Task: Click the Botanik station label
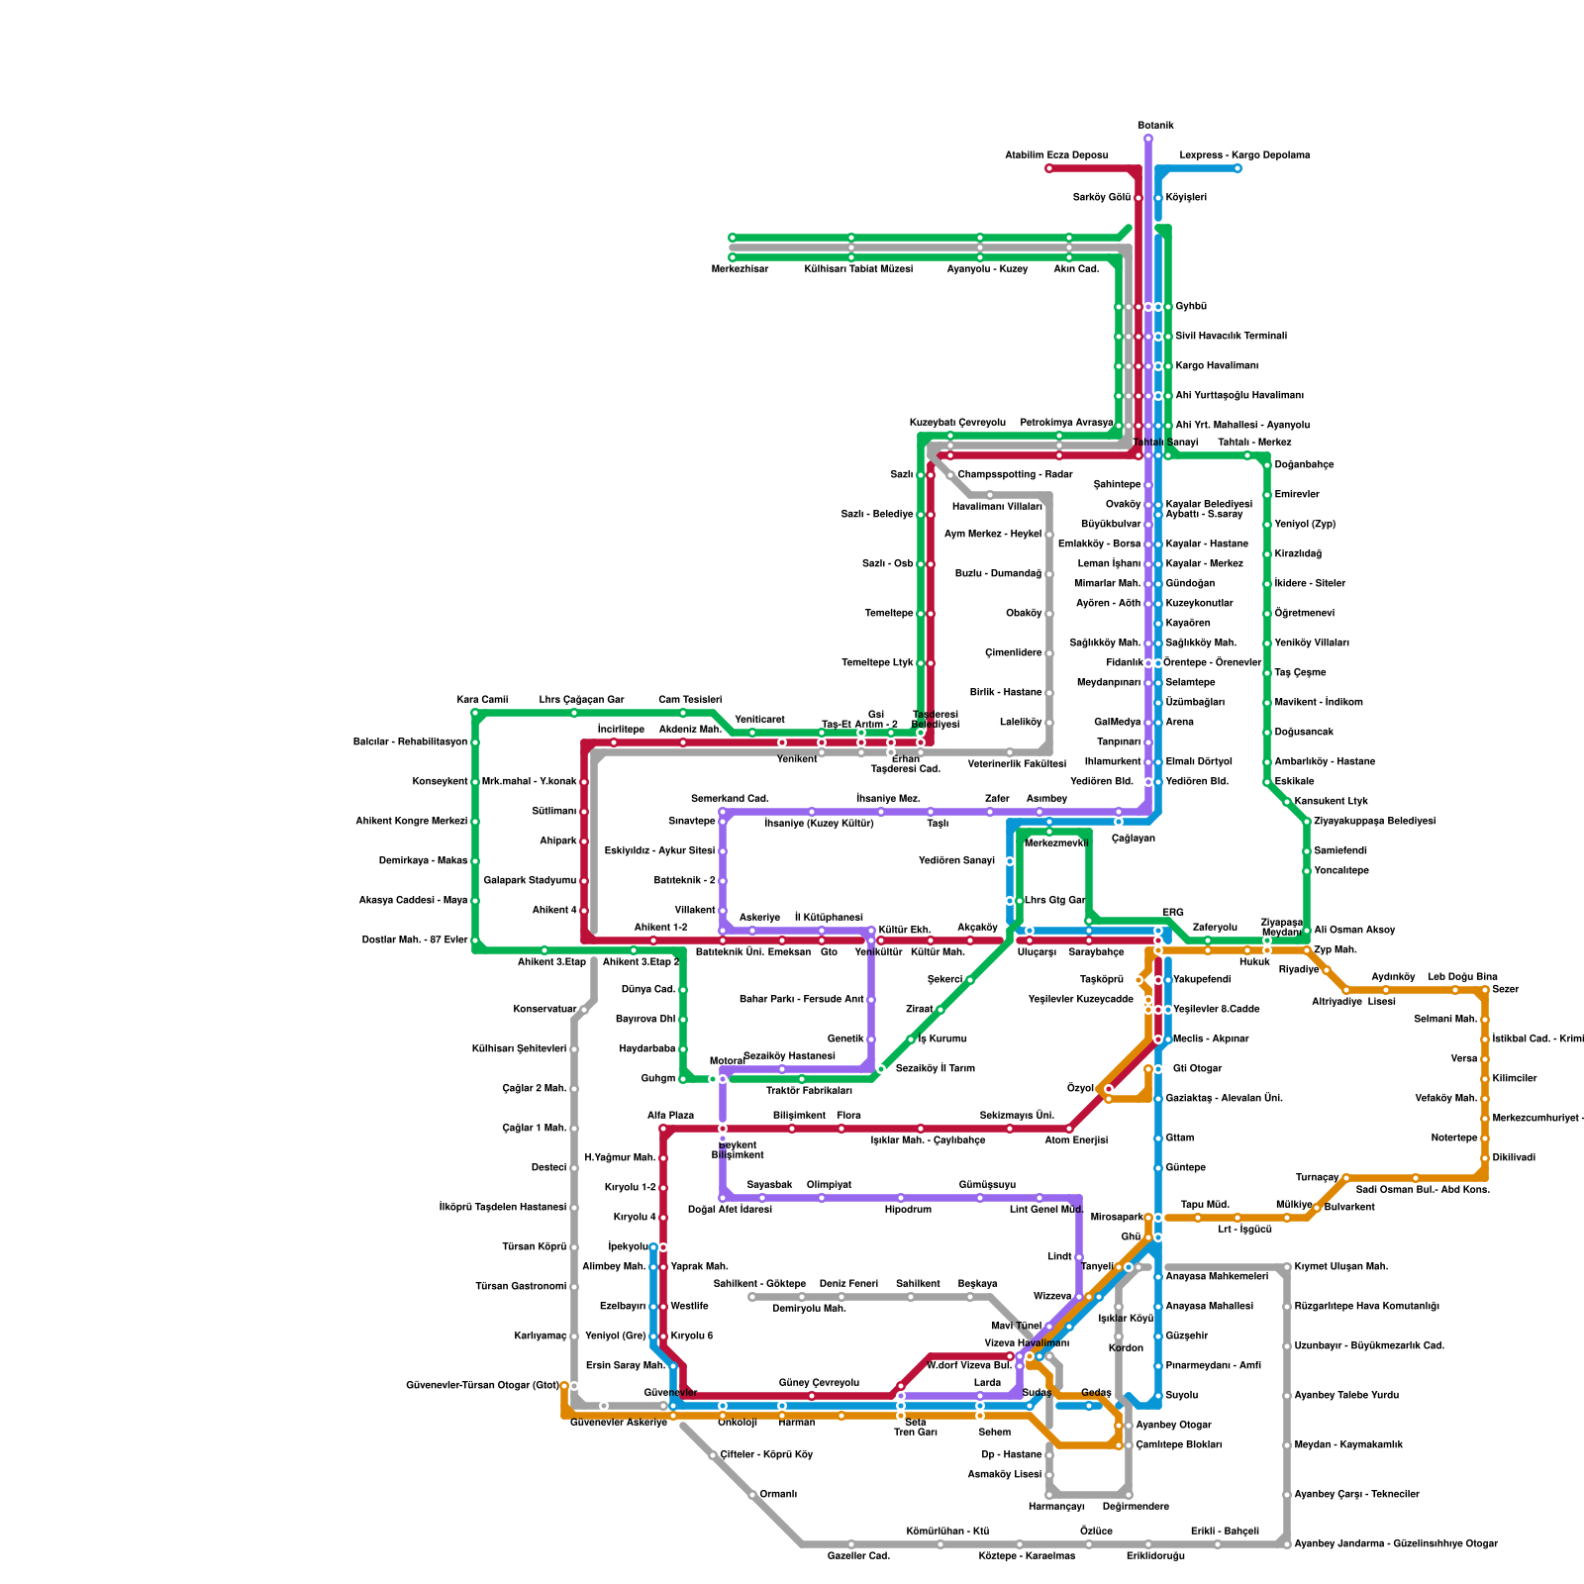(1155, 126)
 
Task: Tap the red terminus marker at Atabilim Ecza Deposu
(1049, 168)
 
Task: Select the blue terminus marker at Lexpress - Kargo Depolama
(1237, 168)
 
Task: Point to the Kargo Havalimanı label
(1217, 366)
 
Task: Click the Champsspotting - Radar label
(1015, 475)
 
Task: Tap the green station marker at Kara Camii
(475, 713)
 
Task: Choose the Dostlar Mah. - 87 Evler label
(410, 940)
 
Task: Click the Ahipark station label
(557, 841)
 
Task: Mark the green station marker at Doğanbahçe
(1267, 465)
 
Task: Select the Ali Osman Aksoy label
(1354, 931)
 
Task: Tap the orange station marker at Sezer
(1485, 990)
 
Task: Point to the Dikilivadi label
(1514, 1158)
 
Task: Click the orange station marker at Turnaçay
(1346, 1178)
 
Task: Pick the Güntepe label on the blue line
(1185, 1168)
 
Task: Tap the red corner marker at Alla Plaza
(663, 1129)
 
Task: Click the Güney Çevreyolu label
(819, 1383)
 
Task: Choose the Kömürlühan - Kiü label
(947, 1532)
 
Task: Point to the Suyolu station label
(1181, 1396)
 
